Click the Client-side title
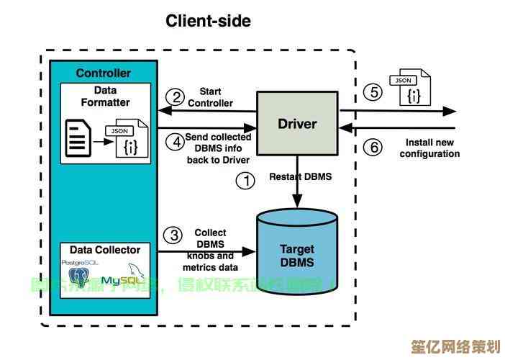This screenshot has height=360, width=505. coord(209,21)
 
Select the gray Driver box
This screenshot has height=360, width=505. coord(297,124)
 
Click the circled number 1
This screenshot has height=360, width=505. coord(246,181)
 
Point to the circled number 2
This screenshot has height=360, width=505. coord(175,96)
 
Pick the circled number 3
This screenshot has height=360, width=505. coord(173,235)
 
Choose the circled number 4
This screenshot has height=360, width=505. coord(175,141)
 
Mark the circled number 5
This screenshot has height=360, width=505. coord(372,92)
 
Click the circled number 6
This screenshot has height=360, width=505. coord(372,148)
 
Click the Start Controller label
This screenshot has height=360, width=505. coord(210,97)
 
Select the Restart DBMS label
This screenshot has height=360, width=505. coord(301,176)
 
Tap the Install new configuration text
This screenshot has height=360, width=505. coord(429,148)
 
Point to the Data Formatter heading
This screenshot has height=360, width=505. coord(105,96)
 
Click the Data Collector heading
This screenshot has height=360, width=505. coord(105,250)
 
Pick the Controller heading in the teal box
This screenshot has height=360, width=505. coord(104,73)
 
